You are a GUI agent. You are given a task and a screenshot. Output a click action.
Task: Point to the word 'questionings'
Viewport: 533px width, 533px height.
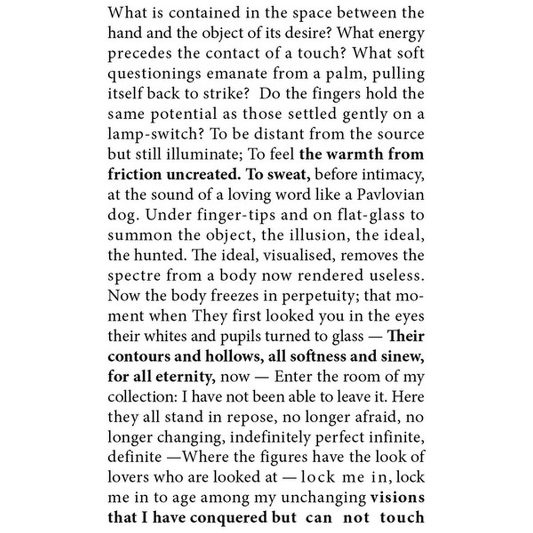[x=154, y=74]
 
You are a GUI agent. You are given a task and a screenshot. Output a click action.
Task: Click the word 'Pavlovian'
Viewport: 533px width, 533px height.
[x=391, y=195]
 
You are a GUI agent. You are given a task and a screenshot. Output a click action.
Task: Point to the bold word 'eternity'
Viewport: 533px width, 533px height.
[x=185, y=377]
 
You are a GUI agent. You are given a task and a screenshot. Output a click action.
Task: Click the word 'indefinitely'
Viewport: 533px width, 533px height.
[x=270, y=437]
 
